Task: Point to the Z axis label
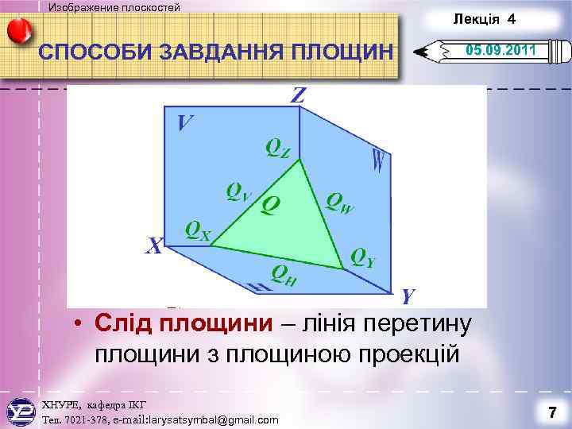coord(299,96)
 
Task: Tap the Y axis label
coord(408,296)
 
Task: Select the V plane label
coord(185,123)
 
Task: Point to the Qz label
coord(278,148)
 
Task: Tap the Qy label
coord(363,257)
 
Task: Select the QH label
coord(284,274)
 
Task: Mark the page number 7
coord(551,412)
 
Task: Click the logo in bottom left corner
coord(21,412)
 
